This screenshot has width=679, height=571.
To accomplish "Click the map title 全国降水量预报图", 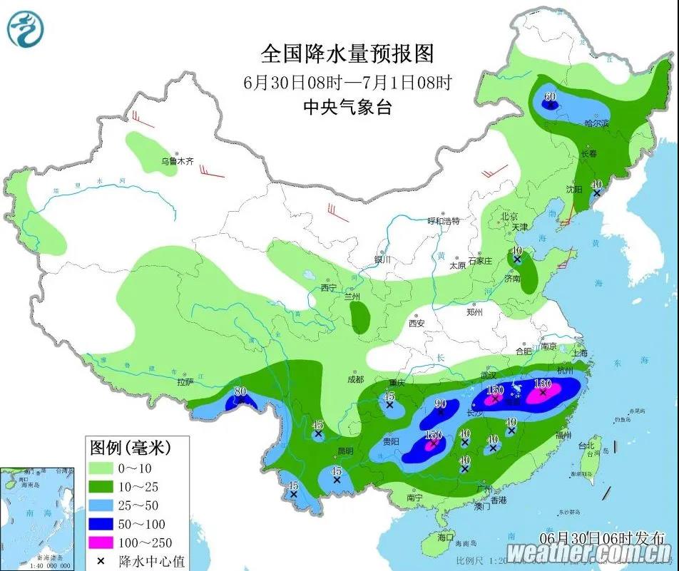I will tap(347, 53).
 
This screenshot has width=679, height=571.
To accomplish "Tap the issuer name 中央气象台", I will tap(347, 108).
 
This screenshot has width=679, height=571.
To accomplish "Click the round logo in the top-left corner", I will tap(26, 30).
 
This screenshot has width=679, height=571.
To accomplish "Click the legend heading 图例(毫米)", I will tap(128, 448).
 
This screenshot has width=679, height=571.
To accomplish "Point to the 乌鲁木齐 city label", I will tap(176, 162).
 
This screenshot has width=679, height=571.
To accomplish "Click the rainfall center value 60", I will tap(550, 96).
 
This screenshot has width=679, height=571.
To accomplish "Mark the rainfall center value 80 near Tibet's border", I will tap(240, 391).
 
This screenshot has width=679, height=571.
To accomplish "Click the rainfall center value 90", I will tap(441, 403).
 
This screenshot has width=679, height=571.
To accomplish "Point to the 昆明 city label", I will tap(344, 451).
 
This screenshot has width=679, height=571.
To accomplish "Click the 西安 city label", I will tap(417, 323).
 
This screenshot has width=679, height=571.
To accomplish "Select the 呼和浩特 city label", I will tap(444, 221).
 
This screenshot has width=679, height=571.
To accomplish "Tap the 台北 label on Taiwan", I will tap(587, 446).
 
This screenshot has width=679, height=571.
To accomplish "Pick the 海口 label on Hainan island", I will tap(446, 535).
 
